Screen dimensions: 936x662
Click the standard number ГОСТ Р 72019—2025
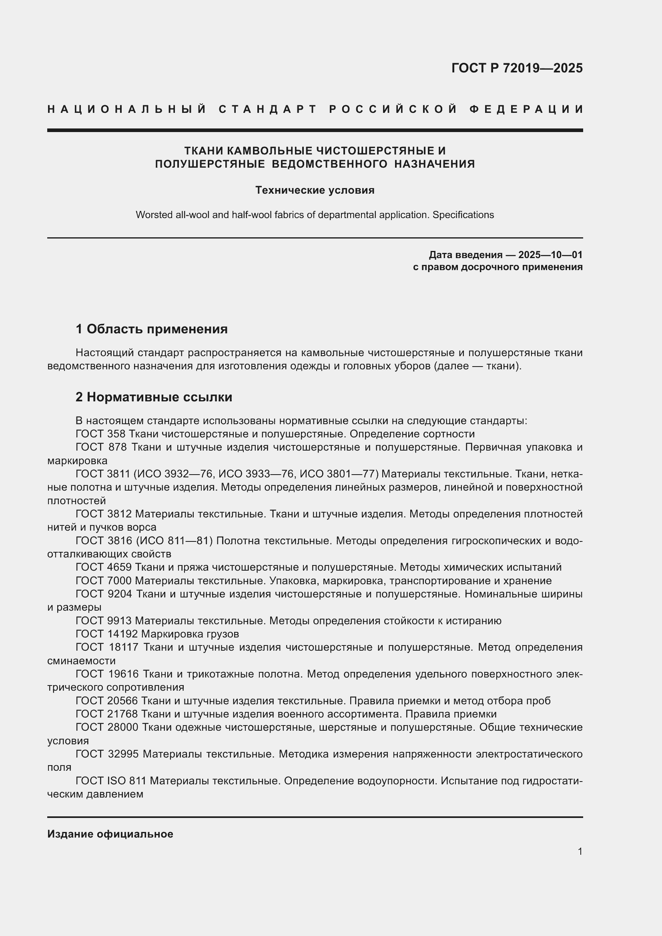pyautogui.click(x=517, y=68)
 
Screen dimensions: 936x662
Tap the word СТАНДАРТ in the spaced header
pyautogui.click(x=268, y=109)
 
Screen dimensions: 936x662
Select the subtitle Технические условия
pyautogui.click(x=315, y=190)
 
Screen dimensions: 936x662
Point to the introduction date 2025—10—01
pyautogui.click(x=550, y=255)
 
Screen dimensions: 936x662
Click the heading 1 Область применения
pyautogui.click(x=152, y=329)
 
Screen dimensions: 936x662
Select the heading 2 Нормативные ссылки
pyautogui.click(x=154, y=397)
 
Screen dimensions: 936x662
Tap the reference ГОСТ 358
pyautogui.click(x=100, y=434)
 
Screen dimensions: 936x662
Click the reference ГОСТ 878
pyautogui.click(x=100, y=447)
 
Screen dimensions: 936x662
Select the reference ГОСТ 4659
pyautogui.click(x=104, y=567)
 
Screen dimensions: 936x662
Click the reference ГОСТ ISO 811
pyautogui.click(x=111, y=781)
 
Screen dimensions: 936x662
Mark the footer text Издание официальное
pyautogui.click(x=110, y=834)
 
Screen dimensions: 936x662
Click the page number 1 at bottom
pyautogui.click(x=580, y=851)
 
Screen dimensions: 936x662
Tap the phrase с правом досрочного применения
pyautogui.click(x=498, y=267)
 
